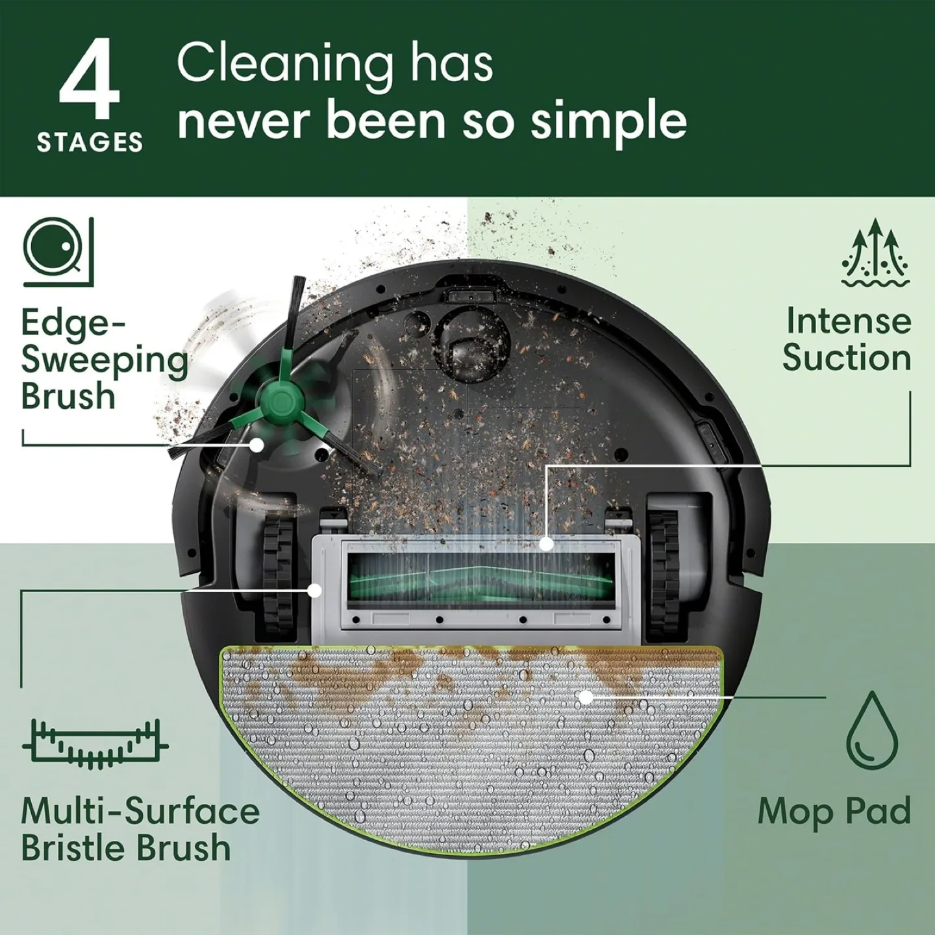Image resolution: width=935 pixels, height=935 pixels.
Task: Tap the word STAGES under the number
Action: [x=90, y=142]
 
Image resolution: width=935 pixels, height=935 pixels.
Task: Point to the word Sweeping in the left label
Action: [x=104, y=360]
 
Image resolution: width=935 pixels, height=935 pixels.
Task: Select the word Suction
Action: [x=847, y=358]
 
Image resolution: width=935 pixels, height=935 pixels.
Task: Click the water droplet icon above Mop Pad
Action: [x=873, y=729]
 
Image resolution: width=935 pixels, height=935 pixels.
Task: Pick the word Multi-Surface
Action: [x=140, y=811]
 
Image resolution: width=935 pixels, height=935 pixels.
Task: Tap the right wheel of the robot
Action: [x=664, y=558]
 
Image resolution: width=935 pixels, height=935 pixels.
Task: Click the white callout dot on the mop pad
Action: [x=586, y=697]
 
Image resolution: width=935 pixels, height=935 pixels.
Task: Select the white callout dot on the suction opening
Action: [x=546, y=543]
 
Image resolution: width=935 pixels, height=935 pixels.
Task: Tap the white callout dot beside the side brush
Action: [x=258, y=445]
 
